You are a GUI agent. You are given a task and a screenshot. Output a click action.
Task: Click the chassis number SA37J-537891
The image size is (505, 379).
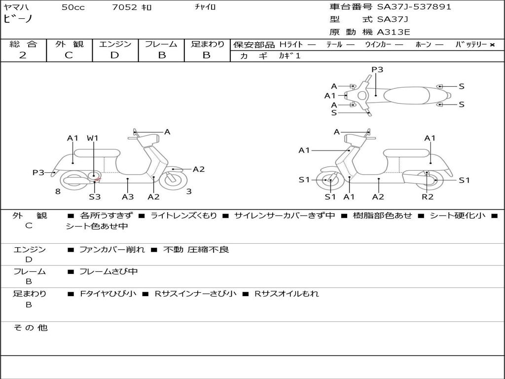coord(414,7)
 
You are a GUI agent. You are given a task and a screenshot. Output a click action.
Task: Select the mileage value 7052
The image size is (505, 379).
coord(124,7)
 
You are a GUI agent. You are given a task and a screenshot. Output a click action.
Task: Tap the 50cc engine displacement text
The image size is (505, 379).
coord(73,7)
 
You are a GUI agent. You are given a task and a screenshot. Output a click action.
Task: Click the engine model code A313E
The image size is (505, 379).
coord(394,33)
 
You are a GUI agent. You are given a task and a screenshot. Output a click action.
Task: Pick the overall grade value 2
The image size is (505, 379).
coord(23,55)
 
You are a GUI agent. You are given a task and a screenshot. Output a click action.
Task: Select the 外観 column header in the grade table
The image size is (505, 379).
coord(69,44)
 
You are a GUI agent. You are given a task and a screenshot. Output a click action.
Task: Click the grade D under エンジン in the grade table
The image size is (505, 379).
coord(114,55)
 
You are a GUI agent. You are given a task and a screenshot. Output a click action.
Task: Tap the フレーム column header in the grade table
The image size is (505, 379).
coord(161,44)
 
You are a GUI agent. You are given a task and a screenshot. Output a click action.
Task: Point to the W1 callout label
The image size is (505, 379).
coord(93,138)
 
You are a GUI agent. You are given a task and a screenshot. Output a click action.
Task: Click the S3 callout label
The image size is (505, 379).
coord(95,197)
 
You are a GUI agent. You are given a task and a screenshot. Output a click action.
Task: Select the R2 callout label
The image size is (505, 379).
coord(427,197)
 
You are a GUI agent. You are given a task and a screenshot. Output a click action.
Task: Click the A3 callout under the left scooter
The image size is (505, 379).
coord(128,197)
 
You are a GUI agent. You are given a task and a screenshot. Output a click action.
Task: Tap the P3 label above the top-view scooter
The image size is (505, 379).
coord(377,70)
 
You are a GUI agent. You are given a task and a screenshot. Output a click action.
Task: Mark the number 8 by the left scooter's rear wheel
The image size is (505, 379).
coord(58,191)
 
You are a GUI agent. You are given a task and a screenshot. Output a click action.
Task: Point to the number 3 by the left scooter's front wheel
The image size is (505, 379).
coord(189,191)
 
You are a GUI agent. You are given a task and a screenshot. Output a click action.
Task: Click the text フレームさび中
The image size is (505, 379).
coord(108,271)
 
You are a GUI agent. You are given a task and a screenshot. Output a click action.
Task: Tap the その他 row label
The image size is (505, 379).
coord(31,328)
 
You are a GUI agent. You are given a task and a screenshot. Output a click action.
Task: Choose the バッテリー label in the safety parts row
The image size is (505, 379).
coord(471,44)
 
